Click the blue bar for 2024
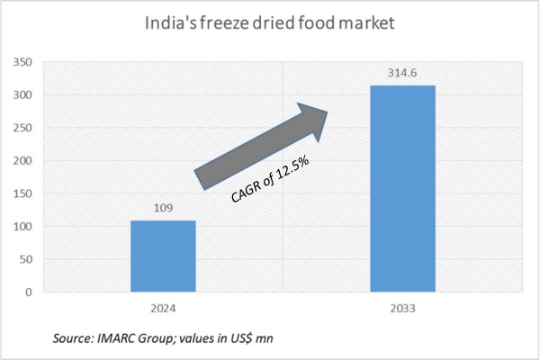[163, 256]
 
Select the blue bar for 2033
[404, 189]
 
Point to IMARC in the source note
[114, 337]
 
